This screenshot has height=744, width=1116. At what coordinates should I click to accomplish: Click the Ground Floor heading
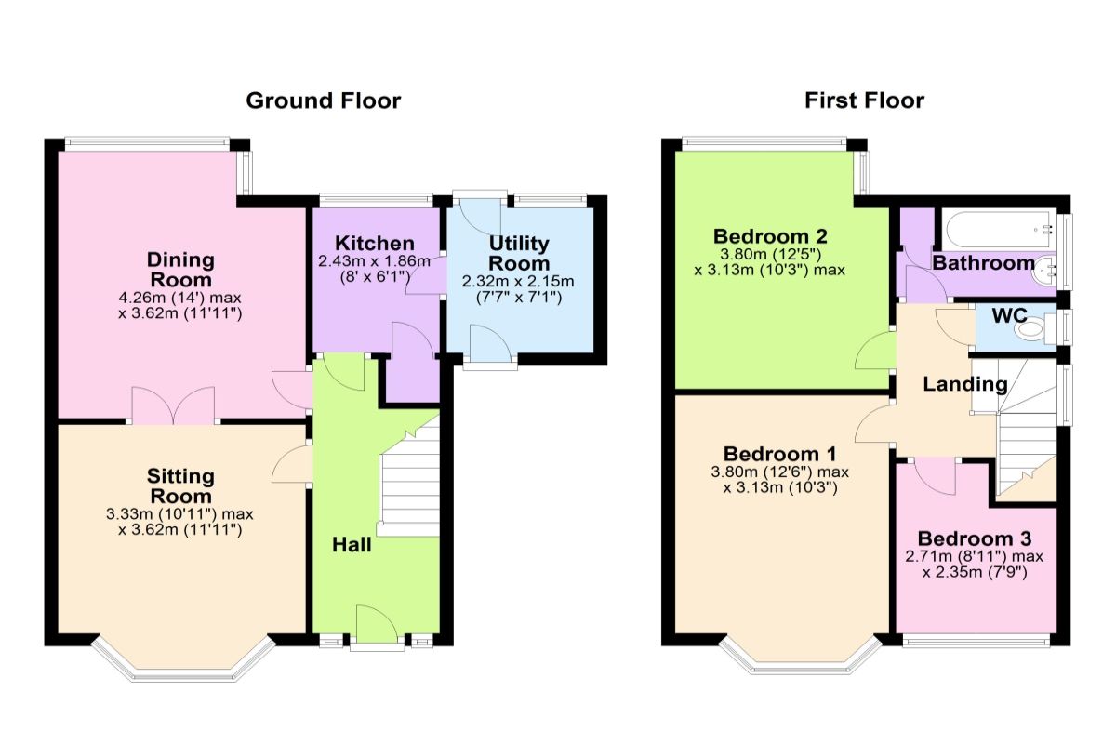[323, 100]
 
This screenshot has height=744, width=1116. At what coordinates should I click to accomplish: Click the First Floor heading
[864, 100]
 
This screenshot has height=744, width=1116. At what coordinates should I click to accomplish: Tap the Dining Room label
[180, 269]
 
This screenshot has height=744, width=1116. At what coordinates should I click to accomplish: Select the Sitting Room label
[180, 485]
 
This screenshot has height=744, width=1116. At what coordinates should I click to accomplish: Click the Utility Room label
[519, 253]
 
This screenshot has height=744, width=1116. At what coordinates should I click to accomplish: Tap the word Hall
[352, 545]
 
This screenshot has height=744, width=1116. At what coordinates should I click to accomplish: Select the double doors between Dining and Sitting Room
[173, 405]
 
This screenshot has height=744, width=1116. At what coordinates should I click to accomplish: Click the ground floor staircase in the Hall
[409, 488]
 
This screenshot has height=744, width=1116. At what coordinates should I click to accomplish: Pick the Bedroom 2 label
[770, 235]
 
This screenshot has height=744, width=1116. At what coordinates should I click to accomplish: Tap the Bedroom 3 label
[974, 538]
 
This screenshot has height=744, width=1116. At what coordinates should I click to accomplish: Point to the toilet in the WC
[1030, 328]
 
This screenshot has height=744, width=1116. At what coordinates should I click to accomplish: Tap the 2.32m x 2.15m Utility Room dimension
[519, 281]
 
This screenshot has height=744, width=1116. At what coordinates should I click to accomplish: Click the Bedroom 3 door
[935, 476]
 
